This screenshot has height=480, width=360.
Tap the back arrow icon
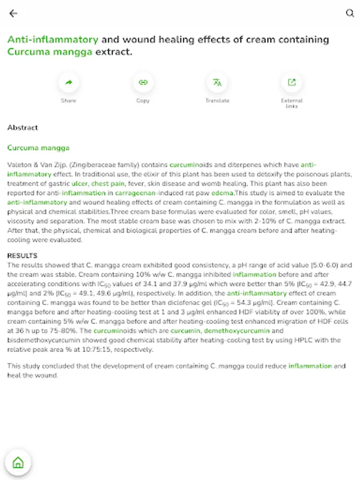coord(13,14)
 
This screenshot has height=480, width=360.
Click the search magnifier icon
coord(350,14)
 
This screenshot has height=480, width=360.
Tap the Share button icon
coord(68,83)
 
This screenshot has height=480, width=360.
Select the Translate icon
coord(217,83)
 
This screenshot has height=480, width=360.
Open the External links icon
coord(292,83)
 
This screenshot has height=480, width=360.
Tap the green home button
coord(18,462)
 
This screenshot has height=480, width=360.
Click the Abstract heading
coord(23,128)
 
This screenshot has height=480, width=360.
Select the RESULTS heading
coord(22,256)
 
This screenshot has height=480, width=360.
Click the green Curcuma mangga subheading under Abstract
coord(38,148)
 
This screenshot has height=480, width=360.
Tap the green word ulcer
coord(79,183)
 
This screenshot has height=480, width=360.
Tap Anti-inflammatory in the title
coord(53,39)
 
